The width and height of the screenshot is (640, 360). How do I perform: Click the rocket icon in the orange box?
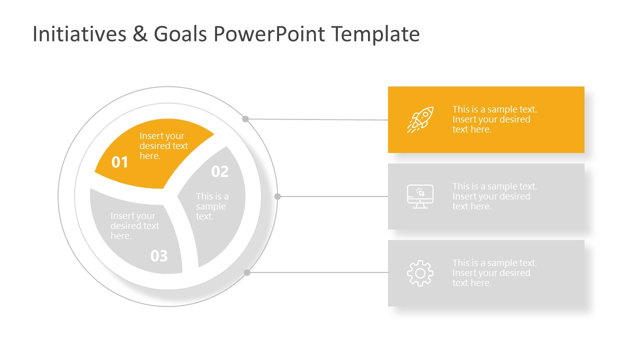click(x=420, y=119)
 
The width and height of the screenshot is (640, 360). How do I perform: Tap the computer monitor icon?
click(x=420, y=196)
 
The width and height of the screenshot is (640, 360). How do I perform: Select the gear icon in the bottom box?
click(x=420, y=273)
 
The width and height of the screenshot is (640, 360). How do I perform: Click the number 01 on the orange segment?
click(x=120, y=162)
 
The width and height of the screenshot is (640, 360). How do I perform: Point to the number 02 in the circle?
click(x=220, y=171)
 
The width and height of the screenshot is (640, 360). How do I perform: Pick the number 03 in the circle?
click(x=159, y=256)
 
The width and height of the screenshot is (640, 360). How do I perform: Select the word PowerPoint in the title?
click(x=269, y=34)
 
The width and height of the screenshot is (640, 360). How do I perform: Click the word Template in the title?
click(x=375, y=34)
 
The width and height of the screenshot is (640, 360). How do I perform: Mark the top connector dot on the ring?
click(x=245, y=119)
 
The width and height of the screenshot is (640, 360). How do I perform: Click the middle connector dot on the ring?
click(x=277, y=196)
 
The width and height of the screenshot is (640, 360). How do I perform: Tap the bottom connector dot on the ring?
click(x=246, y=272)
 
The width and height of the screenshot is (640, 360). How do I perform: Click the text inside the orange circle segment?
click(x=163, y=146)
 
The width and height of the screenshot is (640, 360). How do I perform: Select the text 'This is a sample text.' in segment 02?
click(x=212, y=206)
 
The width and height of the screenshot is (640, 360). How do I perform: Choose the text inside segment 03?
click(x=134, y=226)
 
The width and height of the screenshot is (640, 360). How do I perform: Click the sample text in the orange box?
click(x=494, y=119)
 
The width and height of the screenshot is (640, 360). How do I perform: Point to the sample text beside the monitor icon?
click(x=494, y=196)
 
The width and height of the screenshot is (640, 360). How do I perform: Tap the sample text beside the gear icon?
click(x=494, y=273)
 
